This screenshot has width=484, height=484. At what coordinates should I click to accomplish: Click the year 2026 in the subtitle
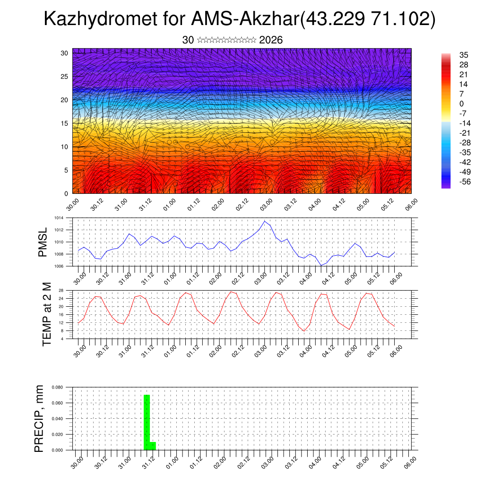click(x=271, y=40)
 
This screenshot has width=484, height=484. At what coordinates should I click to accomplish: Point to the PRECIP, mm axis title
click(x=40, y=418)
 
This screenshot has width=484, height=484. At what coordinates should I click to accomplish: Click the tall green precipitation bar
click(x=147, y=422)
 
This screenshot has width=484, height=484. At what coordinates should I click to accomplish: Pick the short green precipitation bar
click(x=153, y=446)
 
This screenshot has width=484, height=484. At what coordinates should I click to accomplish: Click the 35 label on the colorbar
click(x=463, y=55)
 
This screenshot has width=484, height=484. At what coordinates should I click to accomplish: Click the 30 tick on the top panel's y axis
click(x=64, y=53)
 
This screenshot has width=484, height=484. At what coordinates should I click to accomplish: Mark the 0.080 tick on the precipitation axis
click(x=57, y=387)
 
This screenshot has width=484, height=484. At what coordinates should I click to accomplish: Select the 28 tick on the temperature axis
click(x=61, y=290)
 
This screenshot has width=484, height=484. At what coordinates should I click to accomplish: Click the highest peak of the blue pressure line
click(x=265, y=221)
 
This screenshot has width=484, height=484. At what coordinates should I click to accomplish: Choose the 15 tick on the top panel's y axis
click(x=64, y=123)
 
